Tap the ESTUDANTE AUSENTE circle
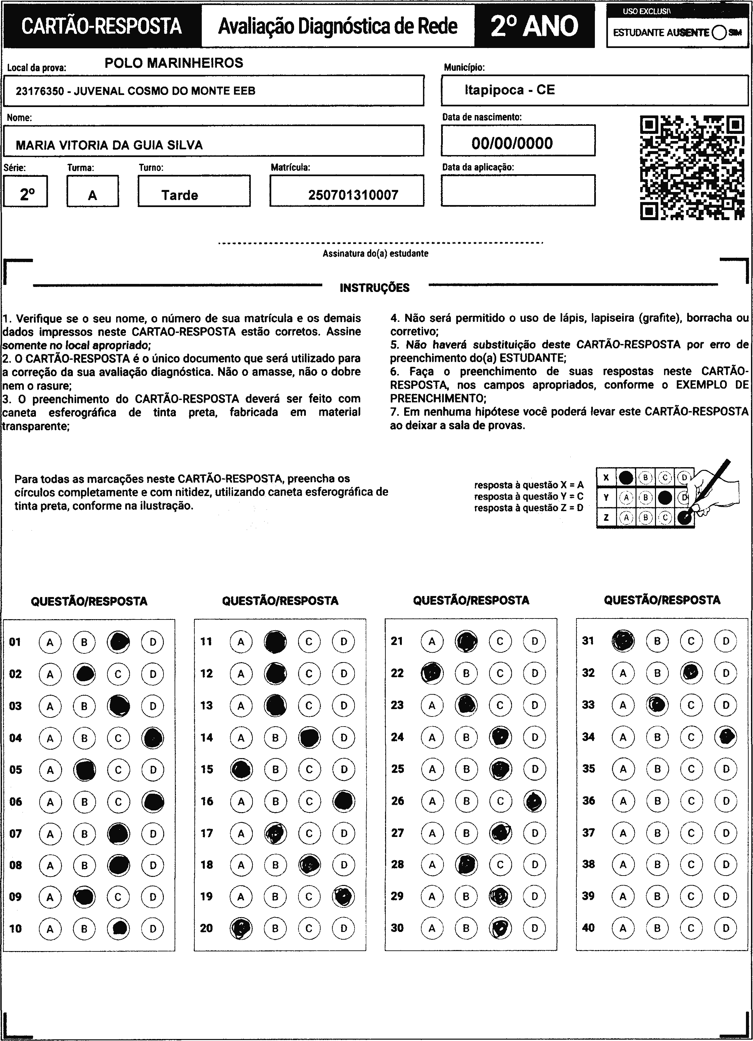[719, 33]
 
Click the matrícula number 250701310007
[353, 195]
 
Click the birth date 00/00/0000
[512, 143]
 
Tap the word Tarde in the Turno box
[180, 195]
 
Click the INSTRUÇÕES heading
[374, 288]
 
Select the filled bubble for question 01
[119, 642]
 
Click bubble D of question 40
[725, 928]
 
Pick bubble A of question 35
[623, 769]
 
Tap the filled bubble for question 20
[241, 929]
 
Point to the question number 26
[397, 801]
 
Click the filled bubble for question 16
[343, 801]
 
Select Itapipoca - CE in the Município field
[510, 90]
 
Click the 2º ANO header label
[534, 26]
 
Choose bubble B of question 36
[657, 801]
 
